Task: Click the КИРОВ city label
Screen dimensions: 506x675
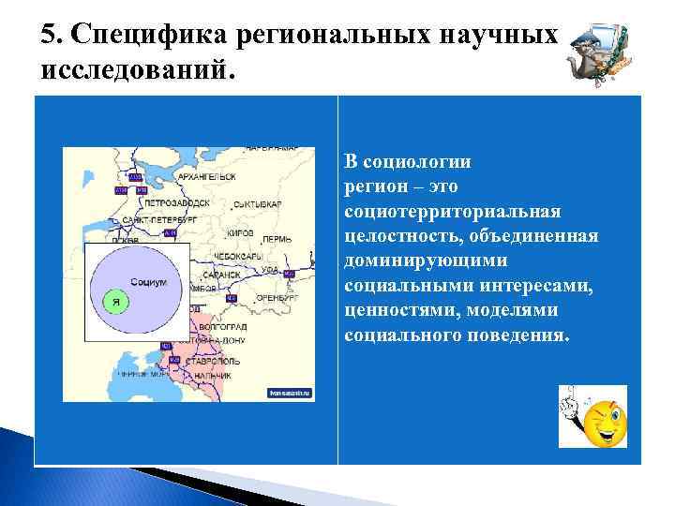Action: [x=239, y=231]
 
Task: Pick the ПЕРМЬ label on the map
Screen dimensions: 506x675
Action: [x=277, y=240]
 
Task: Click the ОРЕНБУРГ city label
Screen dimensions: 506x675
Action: [x=271, y=302]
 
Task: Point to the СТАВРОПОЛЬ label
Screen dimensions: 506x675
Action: [x=214, y=361]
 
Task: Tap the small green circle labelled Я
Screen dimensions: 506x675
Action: [x=114, y=303]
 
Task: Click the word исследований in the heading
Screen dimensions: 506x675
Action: [x=131, y=71]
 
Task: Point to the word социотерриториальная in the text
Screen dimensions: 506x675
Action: [x=452, y=212]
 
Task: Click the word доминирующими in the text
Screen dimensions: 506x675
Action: [x=427, y=261]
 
